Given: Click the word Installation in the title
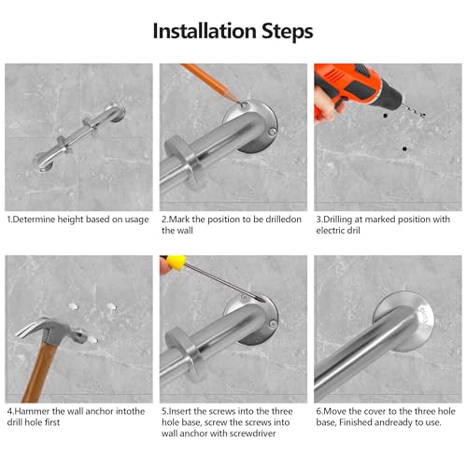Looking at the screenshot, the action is click(205, 31).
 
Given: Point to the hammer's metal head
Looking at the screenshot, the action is click(50, 331).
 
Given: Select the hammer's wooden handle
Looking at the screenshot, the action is click(39, 372).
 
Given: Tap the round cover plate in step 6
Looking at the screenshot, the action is click(404, 320).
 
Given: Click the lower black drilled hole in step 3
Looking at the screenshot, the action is click(404, 149).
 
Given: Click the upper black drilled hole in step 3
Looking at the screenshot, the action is click(386, 116).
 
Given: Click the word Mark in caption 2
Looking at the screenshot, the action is click(178, 219).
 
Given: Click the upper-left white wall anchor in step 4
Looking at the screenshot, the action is click(74, 306).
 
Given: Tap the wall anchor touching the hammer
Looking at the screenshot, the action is click(92, 340).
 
